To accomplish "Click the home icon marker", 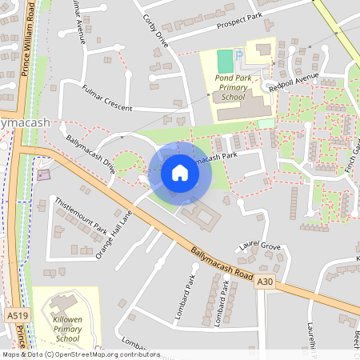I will tap(180, 173).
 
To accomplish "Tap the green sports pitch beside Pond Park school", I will tap(225, 60).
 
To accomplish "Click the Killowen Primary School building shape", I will tap(59, 305).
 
